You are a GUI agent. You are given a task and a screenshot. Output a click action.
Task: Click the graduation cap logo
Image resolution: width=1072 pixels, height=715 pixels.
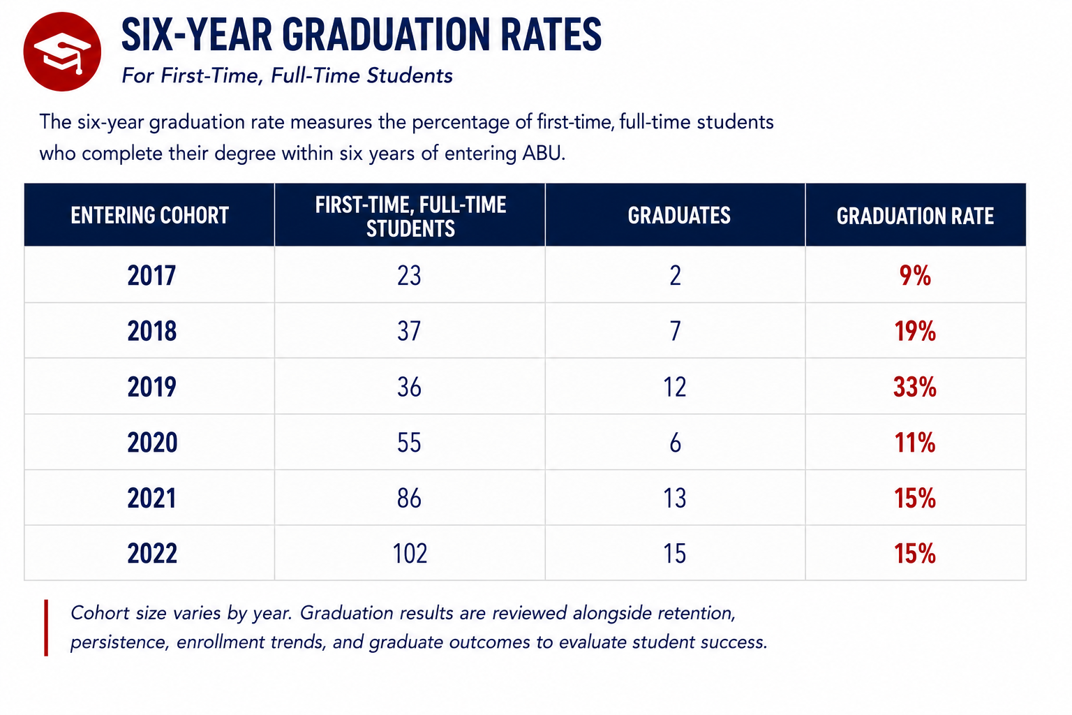point(62,52)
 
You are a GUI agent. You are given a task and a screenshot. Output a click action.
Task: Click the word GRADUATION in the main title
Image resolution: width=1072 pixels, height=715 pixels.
point(387,34)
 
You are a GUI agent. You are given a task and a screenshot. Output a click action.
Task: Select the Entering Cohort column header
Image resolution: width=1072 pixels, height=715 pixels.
point(150,216)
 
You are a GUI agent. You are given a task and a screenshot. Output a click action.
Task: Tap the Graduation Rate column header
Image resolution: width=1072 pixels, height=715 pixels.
point(915,216)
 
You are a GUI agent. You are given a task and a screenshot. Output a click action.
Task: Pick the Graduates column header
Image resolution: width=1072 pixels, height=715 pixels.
point(679,216)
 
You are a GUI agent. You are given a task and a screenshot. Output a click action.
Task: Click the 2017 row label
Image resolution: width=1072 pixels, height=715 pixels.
point(151,275)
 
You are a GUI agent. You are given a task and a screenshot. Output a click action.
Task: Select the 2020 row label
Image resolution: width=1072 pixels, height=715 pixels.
point(152,442)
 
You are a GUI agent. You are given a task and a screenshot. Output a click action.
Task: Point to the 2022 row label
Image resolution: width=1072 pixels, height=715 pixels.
point(152,553)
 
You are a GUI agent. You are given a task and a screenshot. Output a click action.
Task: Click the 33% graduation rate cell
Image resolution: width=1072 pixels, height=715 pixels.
point(914,387)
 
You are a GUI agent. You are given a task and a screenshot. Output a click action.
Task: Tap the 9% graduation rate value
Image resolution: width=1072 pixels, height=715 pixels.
point(915,275)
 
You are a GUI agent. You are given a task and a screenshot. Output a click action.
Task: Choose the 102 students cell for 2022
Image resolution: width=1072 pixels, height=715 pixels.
point(410,553)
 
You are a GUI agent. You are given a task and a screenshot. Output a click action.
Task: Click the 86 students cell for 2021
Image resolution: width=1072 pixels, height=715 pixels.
point(409,498)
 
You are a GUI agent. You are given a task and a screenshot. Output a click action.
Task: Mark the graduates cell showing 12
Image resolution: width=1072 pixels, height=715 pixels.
point(675,387)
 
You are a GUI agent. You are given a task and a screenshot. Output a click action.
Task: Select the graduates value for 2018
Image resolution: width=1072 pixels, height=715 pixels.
point(676,331)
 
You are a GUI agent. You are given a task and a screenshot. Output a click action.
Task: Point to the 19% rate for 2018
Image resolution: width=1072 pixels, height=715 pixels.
point(915,331)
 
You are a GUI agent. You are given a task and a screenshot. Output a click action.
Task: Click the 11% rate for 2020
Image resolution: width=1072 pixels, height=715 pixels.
point(915,442)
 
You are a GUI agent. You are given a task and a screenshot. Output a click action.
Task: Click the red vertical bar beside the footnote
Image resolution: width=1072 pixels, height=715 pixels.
point(46,628)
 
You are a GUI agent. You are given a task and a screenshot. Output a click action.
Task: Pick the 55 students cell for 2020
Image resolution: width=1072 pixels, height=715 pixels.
point(409,442)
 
